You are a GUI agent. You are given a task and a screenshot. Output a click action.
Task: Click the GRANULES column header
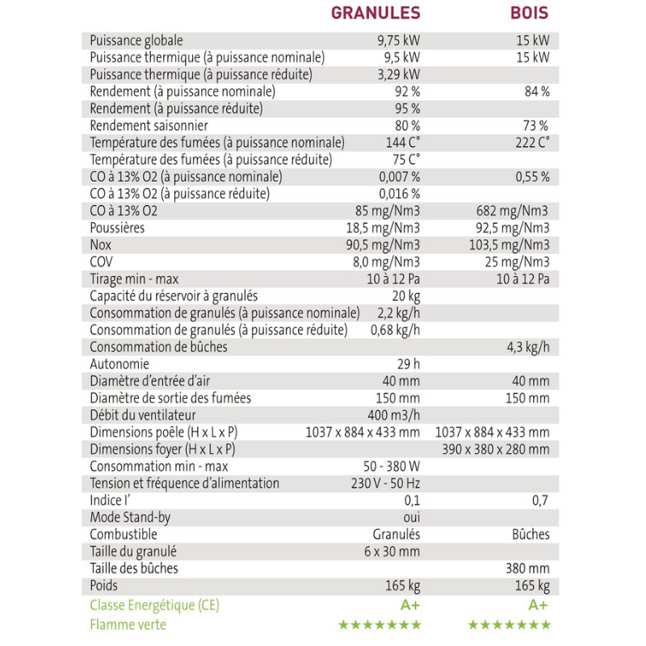[x=375, y=13]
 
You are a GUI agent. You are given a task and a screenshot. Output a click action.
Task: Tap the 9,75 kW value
[x=399, y=40]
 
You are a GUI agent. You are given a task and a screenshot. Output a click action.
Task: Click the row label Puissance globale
[x=136, y=40]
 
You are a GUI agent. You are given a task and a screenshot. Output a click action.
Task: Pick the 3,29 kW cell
[x=399, y=74]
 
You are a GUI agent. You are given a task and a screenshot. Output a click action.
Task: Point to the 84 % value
[x=536, y=91]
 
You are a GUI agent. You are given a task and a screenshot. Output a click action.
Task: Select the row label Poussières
[x=118, y=228]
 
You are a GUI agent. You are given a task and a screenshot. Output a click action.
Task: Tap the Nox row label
[x=100, y=245]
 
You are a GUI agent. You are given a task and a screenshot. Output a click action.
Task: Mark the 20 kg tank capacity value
[x=406, y=296]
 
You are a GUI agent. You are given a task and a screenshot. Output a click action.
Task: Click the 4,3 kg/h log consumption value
[x=528, y=347]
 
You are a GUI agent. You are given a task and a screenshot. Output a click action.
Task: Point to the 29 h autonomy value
[x=409, y=364]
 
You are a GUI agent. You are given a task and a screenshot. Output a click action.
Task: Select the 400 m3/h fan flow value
[x=394, y=415]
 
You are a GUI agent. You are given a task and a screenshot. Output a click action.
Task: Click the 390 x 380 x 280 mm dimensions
[x=496, y=449]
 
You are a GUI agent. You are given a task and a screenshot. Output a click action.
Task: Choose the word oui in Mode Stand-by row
[x=411, y=517]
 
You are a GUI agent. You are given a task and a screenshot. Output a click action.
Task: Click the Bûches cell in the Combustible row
[x=531, y=534]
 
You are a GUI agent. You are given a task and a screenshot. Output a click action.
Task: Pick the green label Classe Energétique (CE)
[x=154, y=605]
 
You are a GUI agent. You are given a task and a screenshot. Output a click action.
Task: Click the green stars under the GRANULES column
[x=380, y=624]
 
